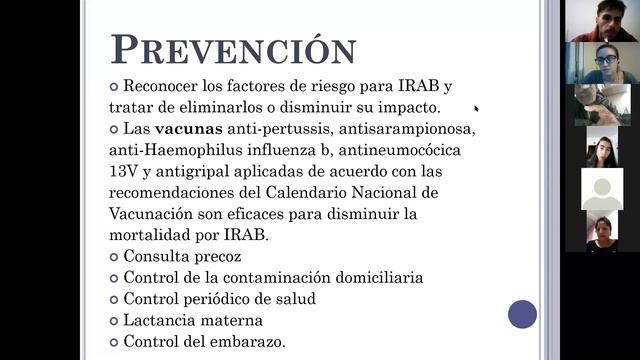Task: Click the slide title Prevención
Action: [232, 50]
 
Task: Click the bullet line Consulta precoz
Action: [182, 256]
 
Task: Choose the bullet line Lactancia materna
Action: [193, 320]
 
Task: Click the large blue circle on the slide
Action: [522, 314]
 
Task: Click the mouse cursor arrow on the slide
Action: [476, 108]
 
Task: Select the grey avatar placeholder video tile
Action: [602, 190]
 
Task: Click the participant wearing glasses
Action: [603, 62]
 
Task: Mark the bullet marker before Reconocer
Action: [114, 86]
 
